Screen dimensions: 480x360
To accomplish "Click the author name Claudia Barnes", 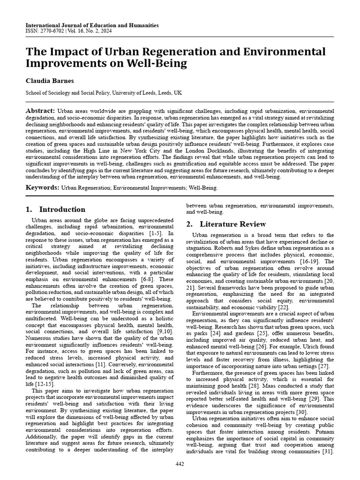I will (x=49, y=81).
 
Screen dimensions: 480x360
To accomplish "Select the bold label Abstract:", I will (x=40, y=110).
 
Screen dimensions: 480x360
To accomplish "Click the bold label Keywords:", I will (x=43, y=187).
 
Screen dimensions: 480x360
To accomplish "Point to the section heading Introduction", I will (x=62, y=210).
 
